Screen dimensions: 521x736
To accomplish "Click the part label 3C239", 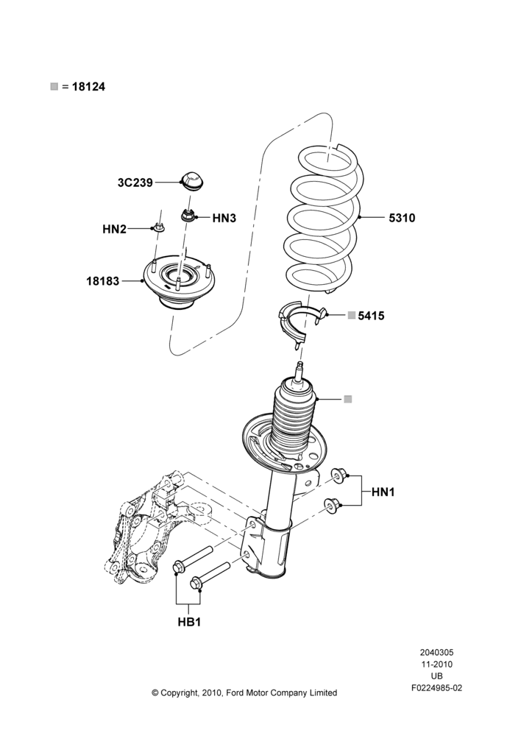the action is (135, 183).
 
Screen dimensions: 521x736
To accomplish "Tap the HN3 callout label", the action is (224, 218).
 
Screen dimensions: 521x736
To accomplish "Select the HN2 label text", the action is (115, 229).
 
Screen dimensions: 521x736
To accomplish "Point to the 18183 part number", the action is (103, 281).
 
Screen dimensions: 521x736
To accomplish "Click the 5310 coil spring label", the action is (402, 218).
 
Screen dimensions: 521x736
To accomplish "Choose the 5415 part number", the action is (372, 316).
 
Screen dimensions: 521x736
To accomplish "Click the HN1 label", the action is (383, 492).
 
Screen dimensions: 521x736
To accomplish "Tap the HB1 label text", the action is (189, 622).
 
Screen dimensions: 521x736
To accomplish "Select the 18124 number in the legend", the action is (89, 86).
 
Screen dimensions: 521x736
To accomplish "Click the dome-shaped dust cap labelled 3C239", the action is (193, 181).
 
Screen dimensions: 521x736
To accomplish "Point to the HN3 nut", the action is (188, 216).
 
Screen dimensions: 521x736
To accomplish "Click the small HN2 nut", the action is (159, 229).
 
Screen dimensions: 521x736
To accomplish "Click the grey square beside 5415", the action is (351, 316).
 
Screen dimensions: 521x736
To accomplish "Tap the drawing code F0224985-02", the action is (437, 688).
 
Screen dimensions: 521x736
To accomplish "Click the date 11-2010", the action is (437, 664).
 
